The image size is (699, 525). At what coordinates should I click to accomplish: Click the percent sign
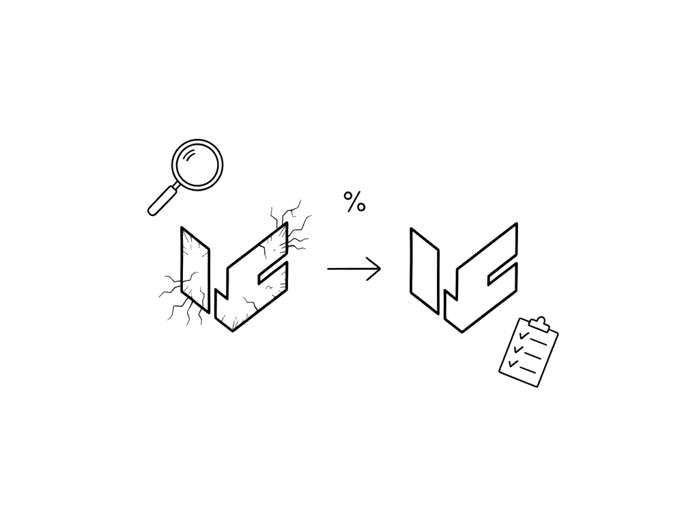click(x=354, y=202)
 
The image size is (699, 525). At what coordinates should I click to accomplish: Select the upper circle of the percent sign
click(x=348, y=196)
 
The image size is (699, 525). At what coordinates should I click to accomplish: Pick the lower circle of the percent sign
click(x=361, y=207)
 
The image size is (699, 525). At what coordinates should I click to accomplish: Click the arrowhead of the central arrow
click(x=375, y=269)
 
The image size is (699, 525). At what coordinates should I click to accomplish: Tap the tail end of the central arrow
click(x=328, y=269)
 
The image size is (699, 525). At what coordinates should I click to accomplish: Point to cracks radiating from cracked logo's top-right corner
click(x=292, y=226)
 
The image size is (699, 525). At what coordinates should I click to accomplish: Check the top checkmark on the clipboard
click(x=524, y=335)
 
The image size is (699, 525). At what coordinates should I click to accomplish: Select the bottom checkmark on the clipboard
click(x=513, y=364)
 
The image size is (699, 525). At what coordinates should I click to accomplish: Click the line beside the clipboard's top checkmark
click(x=538, y=342)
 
